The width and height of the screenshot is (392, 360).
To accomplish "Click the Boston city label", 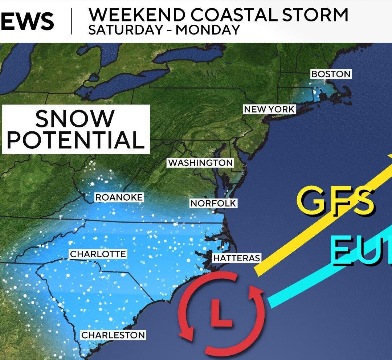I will click(x=331, y=74).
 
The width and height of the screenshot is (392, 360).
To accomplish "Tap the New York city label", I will click(x=269, y=109).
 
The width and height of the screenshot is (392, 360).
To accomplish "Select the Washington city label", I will click(x=200, y=163).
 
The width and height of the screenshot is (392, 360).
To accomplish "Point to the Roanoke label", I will click(x=119, y=197).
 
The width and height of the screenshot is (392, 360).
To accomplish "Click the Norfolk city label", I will click(x=213, y=204).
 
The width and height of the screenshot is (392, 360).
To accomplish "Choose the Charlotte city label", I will click(x=98, y=254).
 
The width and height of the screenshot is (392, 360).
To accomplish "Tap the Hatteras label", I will click(x=236, y=258).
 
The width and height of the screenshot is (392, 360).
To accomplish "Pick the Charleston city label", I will click(x=113, y=335).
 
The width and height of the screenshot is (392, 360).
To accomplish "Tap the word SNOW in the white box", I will click(x=75, y=119).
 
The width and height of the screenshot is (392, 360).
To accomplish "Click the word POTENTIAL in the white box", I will click(x=75, y=140).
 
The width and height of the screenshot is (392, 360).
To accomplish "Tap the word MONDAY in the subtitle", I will click(x=208, y=29).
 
